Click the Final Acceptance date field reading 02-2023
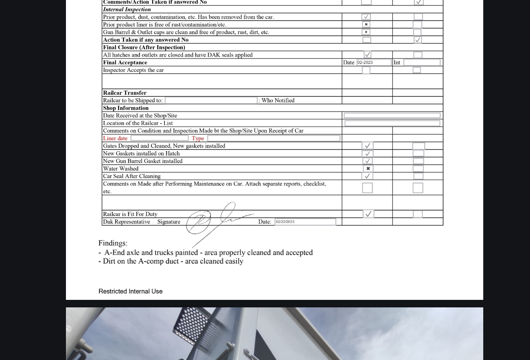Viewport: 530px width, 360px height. (x=374, y=63)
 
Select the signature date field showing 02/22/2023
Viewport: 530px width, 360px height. (x=305, y=222)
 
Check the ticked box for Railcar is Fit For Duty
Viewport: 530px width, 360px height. (x=368, y=214)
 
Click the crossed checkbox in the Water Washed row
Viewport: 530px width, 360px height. (x=368, y=169)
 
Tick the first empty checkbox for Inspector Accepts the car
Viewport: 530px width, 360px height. (x=366, y=70)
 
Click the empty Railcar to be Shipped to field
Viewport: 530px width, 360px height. (x=211, y=101)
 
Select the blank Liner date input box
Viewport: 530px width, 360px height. (x=159, y=138)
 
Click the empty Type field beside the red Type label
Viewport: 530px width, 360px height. (x=274, y=138)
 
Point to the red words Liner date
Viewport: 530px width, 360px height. (x=115, y=138)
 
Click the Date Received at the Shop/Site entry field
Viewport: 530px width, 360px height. (x=392, y=116)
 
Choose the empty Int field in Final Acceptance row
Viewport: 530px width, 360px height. (x=421, y=63)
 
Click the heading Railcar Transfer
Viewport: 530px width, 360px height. (x=125, y=93)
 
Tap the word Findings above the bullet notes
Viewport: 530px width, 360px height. (x=113, y=243)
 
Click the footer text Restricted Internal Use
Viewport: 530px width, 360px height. (x=131, y=292)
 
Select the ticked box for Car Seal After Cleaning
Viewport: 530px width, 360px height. (x=367, y=176)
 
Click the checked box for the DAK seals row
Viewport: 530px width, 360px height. (x=367, y=55)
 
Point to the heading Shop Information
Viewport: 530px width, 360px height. (x=126, y=108)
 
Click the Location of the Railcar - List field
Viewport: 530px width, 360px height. (x=392, y=123)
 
